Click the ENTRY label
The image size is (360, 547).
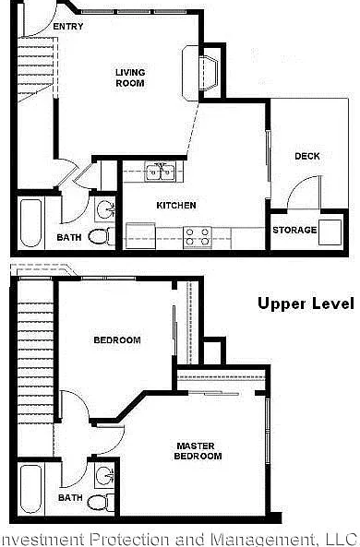coord(68,26)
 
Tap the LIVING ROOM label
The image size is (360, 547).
coord(130,77)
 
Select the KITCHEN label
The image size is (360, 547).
coord(176,205)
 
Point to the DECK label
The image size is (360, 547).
coord(307,156)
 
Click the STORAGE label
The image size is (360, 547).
coord(294,230)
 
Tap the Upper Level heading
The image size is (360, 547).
coord(306,303)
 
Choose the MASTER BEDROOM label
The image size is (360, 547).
coord(198,451)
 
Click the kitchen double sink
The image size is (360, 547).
coord(161,172)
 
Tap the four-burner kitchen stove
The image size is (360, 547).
coord(198,237)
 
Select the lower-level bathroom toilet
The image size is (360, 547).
coord(102,237)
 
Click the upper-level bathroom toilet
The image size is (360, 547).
coord(101,503)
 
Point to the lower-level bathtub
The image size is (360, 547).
coord(30,222)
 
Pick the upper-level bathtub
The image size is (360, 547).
coord(30,490)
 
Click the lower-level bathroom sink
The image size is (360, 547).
coord(105,209)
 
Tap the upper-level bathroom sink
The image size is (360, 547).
coord(104,475)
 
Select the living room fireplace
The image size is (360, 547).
coord(200,73)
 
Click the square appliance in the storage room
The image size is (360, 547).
coord(330,232)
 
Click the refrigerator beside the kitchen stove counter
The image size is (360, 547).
coord(140,236)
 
